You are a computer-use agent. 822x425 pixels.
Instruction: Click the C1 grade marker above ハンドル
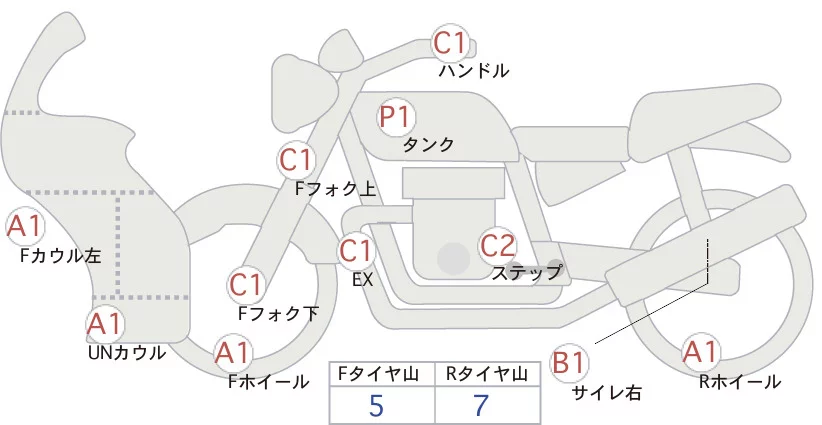pyautogui.click(x=450, y=43)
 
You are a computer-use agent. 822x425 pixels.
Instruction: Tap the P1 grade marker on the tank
pyautogui.click(x=395, y=117)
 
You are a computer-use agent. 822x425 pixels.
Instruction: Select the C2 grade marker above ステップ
pyautogui.click(x=497, y=245)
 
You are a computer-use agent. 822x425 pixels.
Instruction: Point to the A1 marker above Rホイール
pyautogui.click(x=700, y=352)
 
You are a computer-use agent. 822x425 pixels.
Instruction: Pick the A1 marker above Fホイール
pyautogui.click(x=233, y=353)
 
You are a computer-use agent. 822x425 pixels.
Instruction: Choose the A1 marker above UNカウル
pyautogui.click(x=105, y=324)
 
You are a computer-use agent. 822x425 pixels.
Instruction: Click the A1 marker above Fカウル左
pyautogui.click(x=24, y=227)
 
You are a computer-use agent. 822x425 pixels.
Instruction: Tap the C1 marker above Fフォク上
pyautogui.click(x=297, y=159)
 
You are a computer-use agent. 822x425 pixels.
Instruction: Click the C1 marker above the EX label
pyautogui.click(x=356, y=249)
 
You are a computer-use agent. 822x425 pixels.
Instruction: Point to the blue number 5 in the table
pyautogui.click(x=376, y=405)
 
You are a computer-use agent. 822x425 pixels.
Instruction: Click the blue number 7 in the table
pyautogui.click(x=483, y=405)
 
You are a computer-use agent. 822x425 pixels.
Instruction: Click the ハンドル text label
pyautogui.click(x=474, y=71)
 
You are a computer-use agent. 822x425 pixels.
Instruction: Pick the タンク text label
pyautogui.click(x=428, y=145)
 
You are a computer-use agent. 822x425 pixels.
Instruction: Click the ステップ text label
pyautogui.click(x=526, y=271)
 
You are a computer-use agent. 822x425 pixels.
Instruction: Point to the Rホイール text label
pyautogui.click(x=741, y=381)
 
